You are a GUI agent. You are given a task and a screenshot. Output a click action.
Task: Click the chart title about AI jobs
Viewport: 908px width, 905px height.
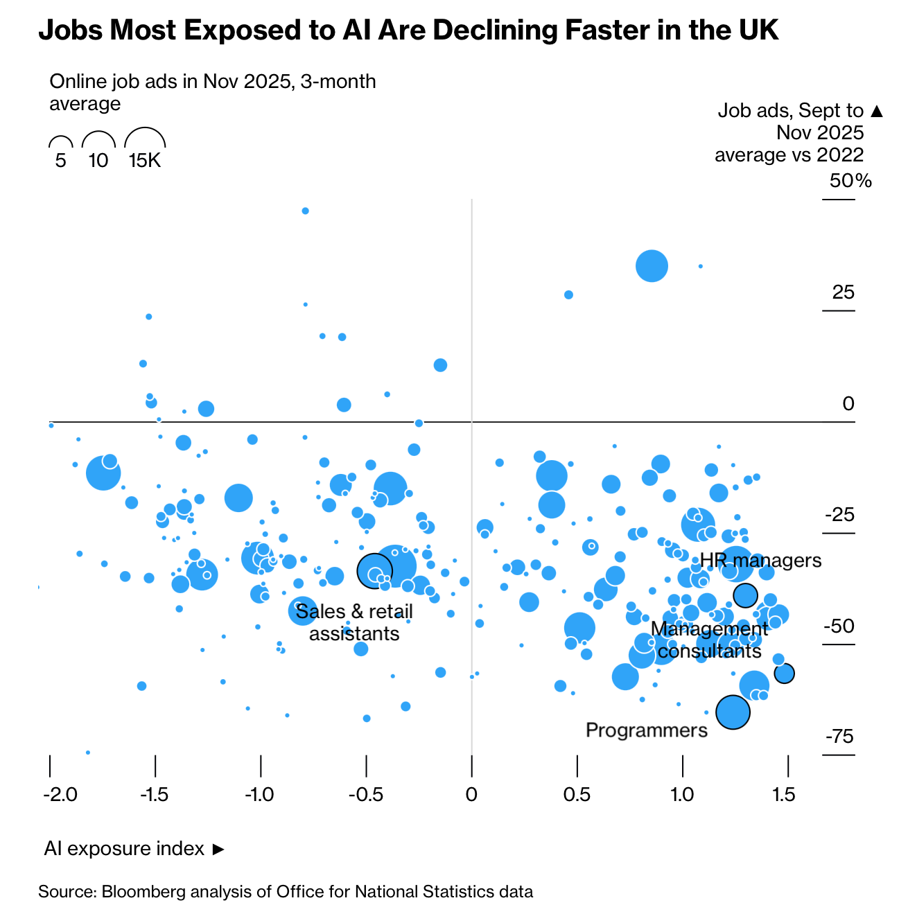pos(408,30)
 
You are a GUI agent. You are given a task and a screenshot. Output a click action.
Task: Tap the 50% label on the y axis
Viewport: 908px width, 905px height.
pos(850,181)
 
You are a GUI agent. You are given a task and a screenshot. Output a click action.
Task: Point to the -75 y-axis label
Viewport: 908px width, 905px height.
pos(839,736)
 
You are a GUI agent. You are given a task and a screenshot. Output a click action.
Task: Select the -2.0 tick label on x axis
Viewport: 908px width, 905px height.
pos(60,794)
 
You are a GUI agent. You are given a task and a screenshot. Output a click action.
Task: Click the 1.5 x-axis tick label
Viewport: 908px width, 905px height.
pos(784,794)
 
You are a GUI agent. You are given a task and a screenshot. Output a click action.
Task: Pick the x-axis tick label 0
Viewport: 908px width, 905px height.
pos(471,794)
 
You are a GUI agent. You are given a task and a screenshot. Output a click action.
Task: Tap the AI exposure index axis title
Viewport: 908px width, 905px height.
pos(125,848)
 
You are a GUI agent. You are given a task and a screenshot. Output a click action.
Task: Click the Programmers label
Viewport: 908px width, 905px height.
pos(646,730)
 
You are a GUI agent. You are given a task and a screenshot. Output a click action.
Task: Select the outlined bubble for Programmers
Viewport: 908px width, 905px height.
pos(733,712)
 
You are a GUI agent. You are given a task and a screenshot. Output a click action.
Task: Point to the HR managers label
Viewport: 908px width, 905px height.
pos(760,560)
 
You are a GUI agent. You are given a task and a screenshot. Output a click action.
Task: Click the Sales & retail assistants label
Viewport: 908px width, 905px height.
pos(354,622)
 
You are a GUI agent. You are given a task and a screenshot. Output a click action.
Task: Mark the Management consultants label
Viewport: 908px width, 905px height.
pos(709,640)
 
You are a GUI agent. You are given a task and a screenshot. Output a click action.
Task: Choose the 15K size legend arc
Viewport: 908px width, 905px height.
pos(145,139)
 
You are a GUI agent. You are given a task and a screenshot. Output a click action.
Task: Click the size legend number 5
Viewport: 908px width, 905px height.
pos(61,161)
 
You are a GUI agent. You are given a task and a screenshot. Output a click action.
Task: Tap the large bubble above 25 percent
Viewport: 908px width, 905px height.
pos(652,266)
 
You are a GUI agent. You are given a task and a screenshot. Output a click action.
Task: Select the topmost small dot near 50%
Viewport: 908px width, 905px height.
pos(305,211)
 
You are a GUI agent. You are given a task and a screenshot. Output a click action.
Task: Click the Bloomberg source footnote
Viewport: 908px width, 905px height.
pos(286,891)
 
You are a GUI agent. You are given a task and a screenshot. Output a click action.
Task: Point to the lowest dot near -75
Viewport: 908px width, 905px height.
pos(88,752)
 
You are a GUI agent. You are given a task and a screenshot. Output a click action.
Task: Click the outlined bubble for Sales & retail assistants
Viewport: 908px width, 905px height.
pos(374,571)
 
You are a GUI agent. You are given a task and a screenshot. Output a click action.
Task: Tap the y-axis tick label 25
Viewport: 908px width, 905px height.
pos(843,292)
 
